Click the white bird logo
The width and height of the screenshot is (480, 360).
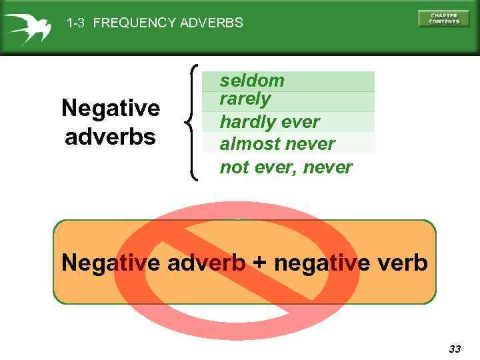tap(27, 27)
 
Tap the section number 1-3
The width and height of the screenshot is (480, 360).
tap(77, 23)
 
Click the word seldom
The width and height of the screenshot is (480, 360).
tap(252, 81)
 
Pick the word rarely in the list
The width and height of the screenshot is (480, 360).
tap(245, 99)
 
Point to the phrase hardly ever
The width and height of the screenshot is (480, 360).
tap(269, 122)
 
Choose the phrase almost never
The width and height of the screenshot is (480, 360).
tap(277, 144)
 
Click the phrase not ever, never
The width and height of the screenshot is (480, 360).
tap(285, 167)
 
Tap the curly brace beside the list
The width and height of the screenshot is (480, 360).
tap(191, 122)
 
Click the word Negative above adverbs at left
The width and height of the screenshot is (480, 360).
tap(111, 107)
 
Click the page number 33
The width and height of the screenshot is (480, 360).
tap(455, 349)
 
